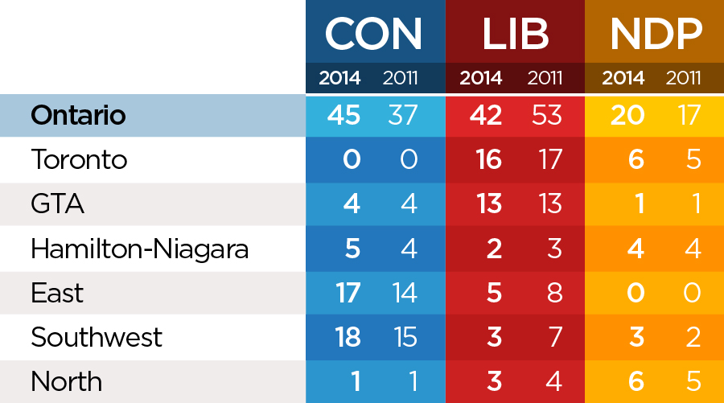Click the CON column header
click(x=374, y=34)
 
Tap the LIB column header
click(x=515, y=34)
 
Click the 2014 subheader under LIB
click(x=480, y=79)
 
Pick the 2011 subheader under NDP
click(x=684, y=79)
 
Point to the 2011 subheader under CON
click(x=401, y=79)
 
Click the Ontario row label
click(x=78, y=115)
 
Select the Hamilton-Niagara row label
click(x=139, y=249)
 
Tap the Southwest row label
click(x=97, y=337)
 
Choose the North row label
click(x=66, y=380)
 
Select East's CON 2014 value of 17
click(x=348, y=292)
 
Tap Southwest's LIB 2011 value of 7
click(x=554, y=336)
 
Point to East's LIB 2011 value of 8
click(x=554, y=292)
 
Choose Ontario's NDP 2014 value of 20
click(x=627, y=115)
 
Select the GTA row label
click(x=57, y=204)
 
